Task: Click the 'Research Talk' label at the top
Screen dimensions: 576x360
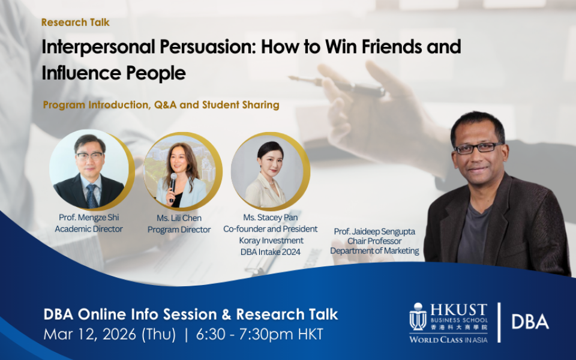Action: (76, 22)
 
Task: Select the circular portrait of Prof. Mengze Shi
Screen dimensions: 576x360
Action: (89, 169)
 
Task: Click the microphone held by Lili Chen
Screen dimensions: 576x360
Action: (173, 187)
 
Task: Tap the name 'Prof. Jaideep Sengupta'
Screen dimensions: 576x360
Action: (374, 232)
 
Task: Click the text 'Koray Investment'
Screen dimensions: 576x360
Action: (271, 241)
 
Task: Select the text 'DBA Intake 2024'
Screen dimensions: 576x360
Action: (271, 252)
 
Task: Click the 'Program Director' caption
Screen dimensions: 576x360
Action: (179, 230)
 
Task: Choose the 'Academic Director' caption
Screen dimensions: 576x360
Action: (89, 229)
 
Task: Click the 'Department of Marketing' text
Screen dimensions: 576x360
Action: (374, 251)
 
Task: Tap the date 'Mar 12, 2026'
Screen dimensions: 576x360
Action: (89, 335)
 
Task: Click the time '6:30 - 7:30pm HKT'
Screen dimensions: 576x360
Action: (259, 334)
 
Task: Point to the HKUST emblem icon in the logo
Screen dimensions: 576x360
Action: (418, 317)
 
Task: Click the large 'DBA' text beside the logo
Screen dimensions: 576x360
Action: (530, 322)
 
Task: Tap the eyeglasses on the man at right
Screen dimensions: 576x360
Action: (478, 148)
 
